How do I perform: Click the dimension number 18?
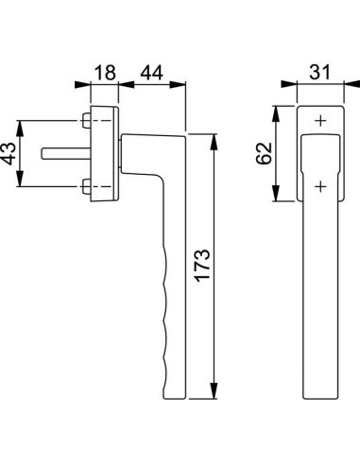tap(105, 73)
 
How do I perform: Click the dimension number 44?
tap(151, 73)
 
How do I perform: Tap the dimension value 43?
tap(9, 154)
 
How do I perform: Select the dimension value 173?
tap(202, 266)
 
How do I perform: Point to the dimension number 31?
tap(320, 72)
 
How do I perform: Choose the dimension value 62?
tap(264, 153)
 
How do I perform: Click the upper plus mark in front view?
tap(320, 121)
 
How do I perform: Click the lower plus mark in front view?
tap(320, 186)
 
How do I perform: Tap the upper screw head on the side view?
tap(86, 120)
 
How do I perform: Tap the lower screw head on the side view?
tap(86, 186)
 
